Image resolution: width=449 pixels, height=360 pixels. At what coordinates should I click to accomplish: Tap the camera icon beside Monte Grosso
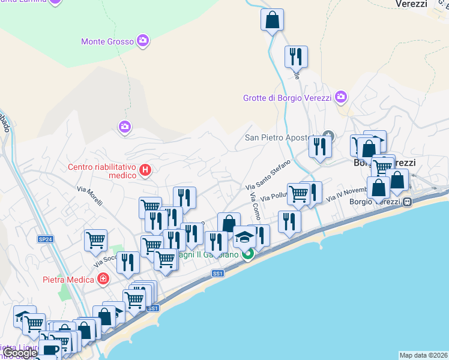point(143,41)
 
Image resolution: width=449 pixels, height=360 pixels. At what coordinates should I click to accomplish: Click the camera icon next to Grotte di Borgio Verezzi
point(341,97)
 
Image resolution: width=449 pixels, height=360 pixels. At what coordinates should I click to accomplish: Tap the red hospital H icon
point(145,171)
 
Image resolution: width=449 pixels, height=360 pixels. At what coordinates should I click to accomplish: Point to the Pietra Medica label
point(68,280)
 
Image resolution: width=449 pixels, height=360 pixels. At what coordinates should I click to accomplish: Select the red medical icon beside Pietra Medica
point(103,280)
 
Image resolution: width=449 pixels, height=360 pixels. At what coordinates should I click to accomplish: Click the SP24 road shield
point(45,239)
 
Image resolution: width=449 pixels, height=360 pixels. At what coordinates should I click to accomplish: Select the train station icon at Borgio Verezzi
point(407,202)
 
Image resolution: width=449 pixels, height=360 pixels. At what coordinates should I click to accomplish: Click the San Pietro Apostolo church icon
point(328,136)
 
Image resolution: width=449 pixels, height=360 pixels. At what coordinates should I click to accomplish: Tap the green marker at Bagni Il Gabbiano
point(247,254)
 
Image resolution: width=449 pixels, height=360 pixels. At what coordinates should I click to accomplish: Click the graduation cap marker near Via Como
point(244,237)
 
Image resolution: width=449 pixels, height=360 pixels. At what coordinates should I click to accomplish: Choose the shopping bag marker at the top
point(272,19)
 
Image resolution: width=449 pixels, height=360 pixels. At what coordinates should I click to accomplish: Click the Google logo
point(20,353)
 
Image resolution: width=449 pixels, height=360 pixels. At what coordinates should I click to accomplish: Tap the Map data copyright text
point(423,355)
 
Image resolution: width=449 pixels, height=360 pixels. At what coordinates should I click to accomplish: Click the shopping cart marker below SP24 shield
point(95,241)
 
